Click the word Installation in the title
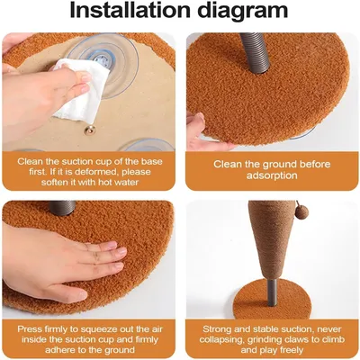tap(130, 11)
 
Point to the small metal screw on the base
tap(90, 130)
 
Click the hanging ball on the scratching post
tap(301, 213)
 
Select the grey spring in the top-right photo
tap(256, 52)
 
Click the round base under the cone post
tap(272, 299)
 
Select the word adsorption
tap(272, 175)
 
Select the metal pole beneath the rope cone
tap(273, 292)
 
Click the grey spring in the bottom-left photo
tap(63, 208)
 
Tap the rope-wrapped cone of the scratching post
tap(268, 240)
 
